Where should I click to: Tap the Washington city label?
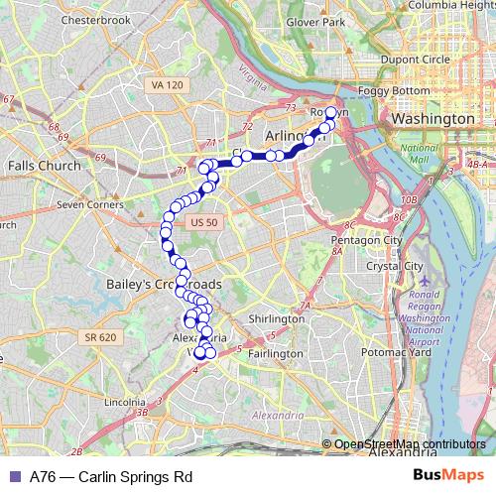(x=433, y=118)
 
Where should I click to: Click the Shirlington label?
(x=277, y=319)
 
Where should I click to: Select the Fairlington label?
(x=275, y=353)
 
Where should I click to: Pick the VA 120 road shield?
(x=169, y=86)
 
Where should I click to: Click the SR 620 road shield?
(x=100, y=337)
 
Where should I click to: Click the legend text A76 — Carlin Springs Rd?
(x=110, y=476)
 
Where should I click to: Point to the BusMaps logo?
(x=448, y=476)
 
